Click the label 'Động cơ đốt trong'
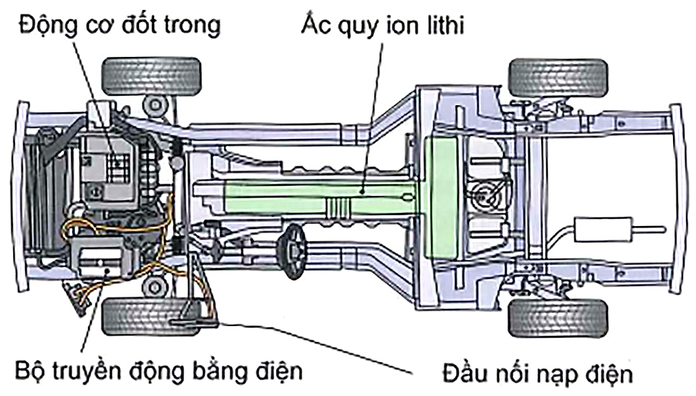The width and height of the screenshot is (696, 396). [x=119, y=25]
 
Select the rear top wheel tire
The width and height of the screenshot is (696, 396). [x=558, y=78]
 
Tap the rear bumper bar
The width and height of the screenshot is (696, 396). [x=677, y=198]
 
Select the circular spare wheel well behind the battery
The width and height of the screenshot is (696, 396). [x=487, y=191]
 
